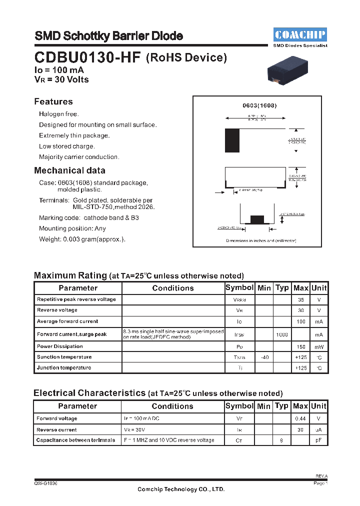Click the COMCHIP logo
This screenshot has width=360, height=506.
(x=300, y=34)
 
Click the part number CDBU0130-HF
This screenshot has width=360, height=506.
(x=87, y=57)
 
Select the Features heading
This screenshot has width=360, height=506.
(x=53, y=101)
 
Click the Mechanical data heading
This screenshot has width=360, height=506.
(x=69, y=170)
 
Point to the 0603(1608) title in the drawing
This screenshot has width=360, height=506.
(x=259, y=105)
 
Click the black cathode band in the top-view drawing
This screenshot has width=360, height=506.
(x=232, y=140)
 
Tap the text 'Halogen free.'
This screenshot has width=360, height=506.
(x=59, y=114)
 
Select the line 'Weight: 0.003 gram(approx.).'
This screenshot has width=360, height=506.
(x=82, y=239)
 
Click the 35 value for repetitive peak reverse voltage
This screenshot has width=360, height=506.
(x=300, y=299)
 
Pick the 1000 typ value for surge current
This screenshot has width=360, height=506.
(x=282, y=334)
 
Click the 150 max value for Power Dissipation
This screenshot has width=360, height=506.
(x=300, y=346)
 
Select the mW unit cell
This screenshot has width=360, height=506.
(x=319, y=346)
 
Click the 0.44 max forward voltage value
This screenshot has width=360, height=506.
(x=300, y=418)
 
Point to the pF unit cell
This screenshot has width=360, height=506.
(x=319, y=440)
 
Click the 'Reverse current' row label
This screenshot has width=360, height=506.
(x=56, y=429)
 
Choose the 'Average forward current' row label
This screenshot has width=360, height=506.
(x=67, y=321)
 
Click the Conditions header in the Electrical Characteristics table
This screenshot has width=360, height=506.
(x=172, y=406)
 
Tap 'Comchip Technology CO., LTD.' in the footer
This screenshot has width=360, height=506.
(x=181, y=489)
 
